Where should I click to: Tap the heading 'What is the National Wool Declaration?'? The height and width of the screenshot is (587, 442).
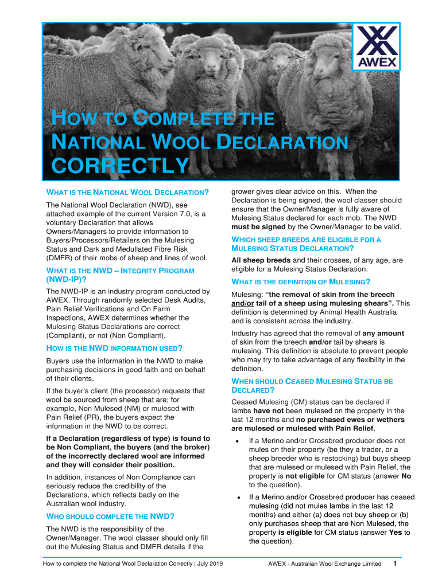click(127, 192)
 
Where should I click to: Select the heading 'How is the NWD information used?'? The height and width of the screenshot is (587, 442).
click(114, 348)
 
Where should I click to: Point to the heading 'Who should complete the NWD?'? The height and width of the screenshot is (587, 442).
click(110, 516)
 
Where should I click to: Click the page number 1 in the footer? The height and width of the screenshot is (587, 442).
click(395, 563)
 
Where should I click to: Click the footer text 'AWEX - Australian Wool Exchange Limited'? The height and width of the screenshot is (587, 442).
click(325, 564)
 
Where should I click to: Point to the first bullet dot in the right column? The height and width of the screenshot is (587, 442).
click(237, 441)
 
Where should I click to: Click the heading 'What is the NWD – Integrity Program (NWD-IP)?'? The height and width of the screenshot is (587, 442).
click(120, 275)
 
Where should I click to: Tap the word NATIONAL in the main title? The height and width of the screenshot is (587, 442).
click(92, 142)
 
